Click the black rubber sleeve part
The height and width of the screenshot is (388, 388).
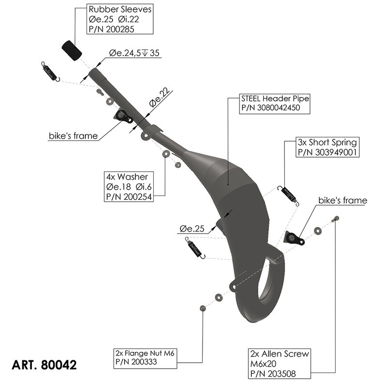click(x=71, y=50)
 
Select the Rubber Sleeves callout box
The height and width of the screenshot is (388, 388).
click(x=120, y=19)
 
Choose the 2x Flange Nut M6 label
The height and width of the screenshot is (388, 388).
click(x=145, y=358)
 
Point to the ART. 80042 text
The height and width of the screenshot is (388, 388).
click(x=44, y=364)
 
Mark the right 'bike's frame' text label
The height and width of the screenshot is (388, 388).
click(x=342, y=200)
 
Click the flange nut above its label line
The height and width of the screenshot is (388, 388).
click(x=203, y=308)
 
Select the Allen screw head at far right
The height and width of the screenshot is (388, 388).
click(x=335, y=219)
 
